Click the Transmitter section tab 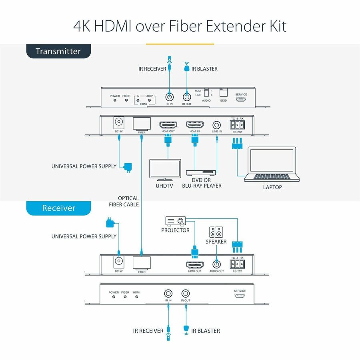58,51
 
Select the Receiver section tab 58,208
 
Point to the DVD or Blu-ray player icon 201,172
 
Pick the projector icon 176,221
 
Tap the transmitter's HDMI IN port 195,125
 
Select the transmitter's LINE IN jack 217,125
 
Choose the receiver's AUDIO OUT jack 216,264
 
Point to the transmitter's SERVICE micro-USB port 241,100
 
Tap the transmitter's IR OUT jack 186,97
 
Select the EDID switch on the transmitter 223,92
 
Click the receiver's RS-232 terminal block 237,264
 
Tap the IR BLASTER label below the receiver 205,331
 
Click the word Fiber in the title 187,26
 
